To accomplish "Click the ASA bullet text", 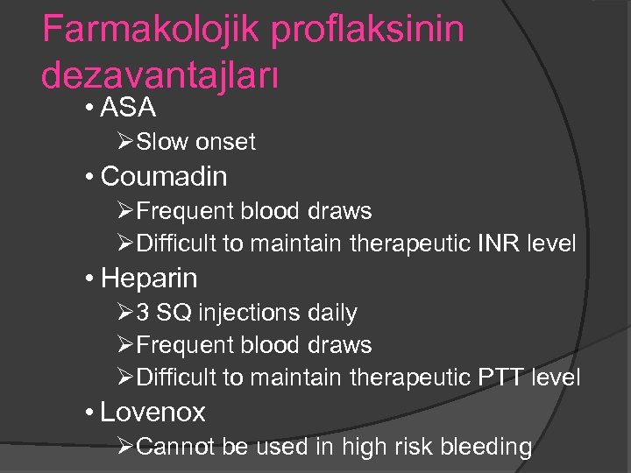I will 129,109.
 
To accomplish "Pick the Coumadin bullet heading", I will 164,176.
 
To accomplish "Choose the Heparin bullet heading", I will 149,279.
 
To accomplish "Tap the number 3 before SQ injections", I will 143,313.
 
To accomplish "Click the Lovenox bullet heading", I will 152,412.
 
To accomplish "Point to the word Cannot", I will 177,447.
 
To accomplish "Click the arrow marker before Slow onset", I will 126,142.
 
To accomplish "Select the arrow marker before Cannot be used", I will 126,447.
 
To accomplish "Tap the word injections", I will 239,313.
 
